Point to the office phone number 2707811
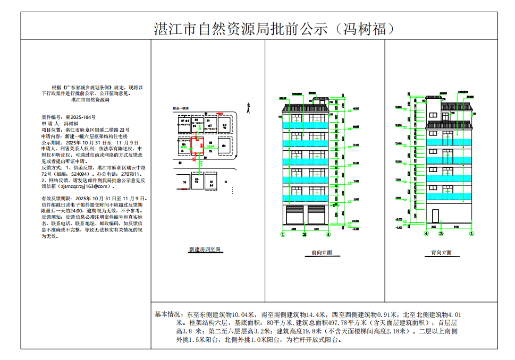click(130, 174)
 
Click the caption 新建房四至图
click(204, 248)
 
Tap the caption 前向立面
click(322, 253)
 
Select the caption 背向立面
click(441, 253)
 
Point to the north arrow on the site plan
click(248, 107)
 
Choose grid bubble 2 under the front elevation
click(305, 234)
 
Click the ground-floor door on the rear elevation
click(435, 216)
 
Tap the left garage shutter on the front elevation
click(296, 216)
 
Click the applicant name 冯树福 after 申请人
click(71, 123)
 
